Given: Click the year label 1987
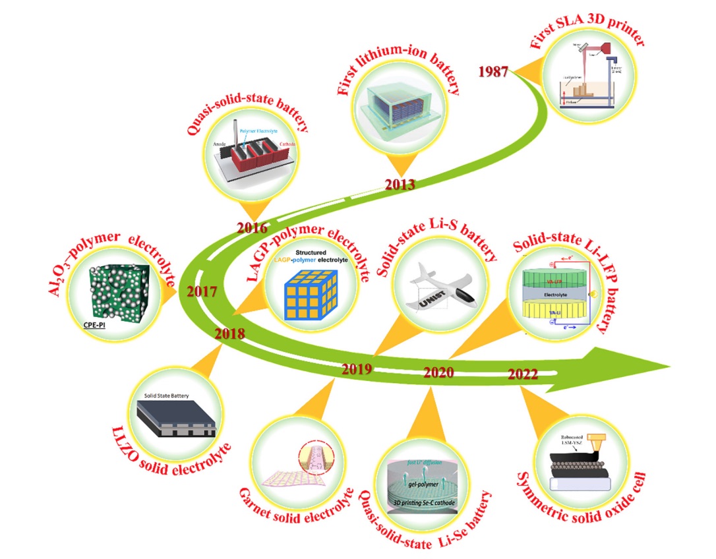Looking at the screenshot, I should coord(494,71).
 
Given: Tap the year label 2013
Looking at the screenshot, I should coord(400,185).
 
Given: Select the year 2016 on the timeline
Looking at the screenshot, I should coord(252,229).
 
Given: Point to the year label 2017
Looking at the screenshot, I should coord(203,291).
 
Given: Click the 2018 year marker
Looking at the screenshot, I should coord(229,334).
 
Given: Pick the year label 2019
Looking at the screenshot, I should coord(357,369).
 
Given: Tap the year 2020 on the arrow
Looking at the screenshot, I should coord(438,373).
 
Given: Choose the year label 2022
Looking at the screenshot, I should coord(523,375).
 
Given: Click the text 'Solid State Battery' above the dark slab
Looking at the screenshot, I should coord(167,396).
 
